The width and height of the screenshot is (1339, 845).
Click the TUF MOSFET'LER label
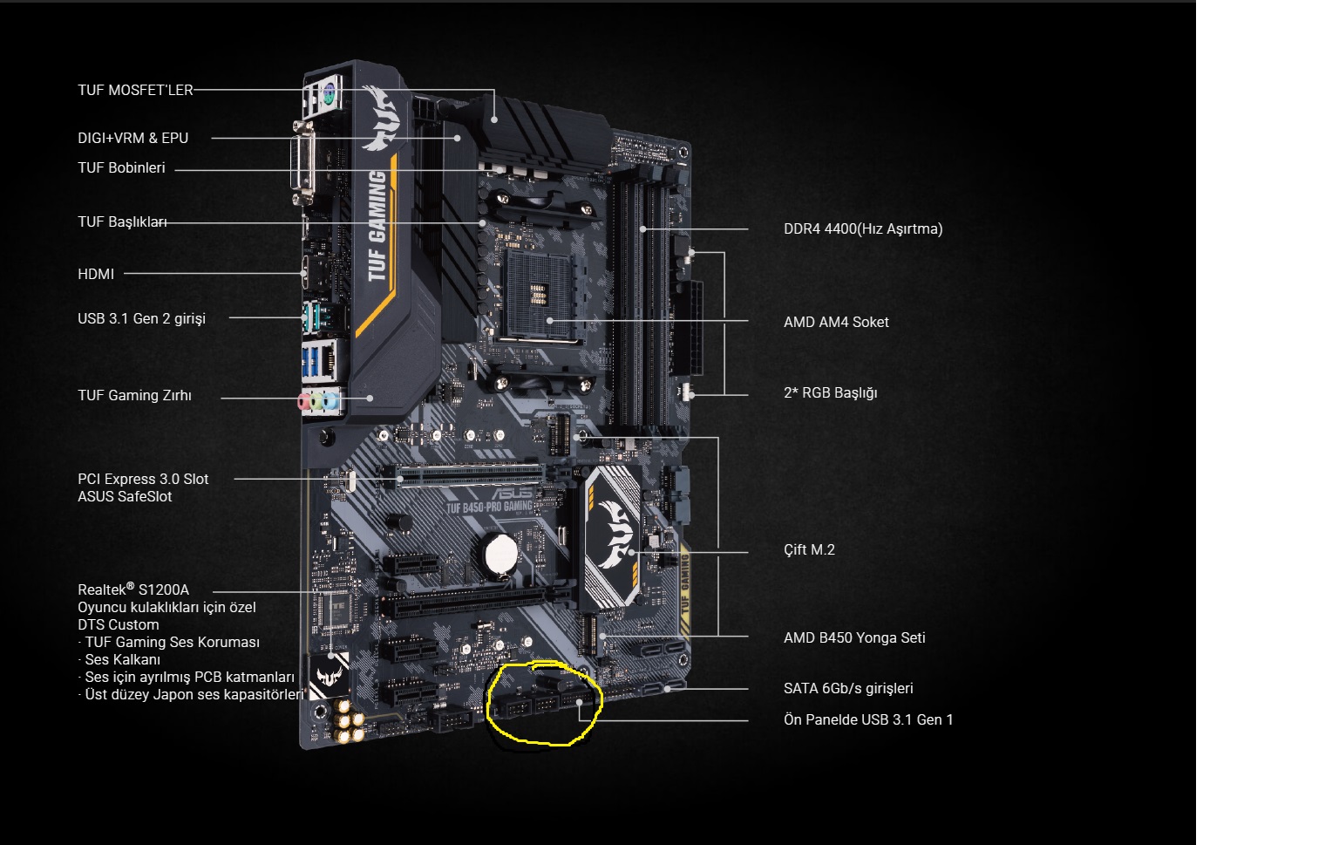[x=135, y=91]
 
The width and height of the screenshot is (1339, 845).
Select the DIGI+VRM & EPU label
[x=133, y=138]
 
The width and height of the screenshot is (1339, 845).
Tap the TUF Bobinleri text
[x=121, y=168]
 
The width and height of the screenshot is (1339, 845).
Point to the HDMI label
[x=96, y=275]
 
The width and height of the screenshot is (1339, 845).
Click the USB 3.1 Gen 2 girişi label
[x=142, y=319]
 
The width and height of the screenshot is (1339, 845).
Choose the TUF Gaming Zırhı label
[x=134, y=395]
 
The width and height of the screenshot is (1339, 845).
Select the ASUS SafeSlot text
[x=125, y=497]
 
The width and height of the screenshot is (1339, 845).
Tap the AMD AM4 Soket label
[x=836, y=323]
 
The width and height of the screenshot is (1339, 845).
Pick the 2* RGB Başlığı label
[x=830, y=393]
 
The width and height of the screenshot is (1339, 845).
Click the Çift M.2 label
[x=809, y=549]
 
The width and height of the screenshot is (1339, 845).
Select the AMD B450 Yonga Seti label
[x=854, y=638]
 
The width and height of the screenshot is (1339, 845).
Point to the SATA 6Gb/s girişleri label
[x=848, y=688]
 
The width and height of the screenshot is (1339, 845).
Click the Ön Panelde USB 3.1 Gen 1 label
[x=868, y=719]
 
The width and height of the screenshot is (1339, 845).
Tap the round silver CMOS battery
[x=500, y=555]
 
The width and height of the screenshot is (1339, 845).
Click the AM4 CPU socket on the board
[x=539, y=295]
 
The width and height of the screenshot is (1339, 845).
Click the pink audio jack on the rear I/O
[x=304, y=401]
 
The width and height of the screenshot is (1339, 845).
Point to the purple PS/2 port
[x=328, y=94]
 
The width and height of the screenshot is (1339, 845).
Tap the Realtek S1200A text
[x=133, y=589]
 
